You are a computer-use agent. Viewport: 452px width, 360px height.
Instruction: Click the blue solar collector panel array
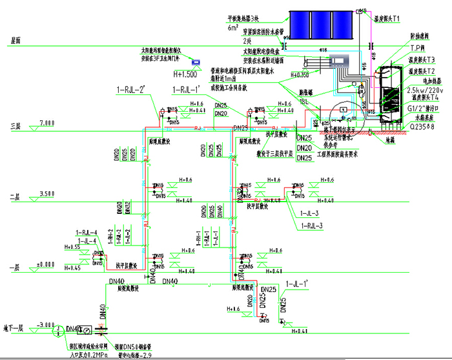(x=324, y=25)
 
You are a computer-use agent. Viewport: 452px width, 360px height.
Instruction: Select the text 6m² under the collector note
(x=232, y=28)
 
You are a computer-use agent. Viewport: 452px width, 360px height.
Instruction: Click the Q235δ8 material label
(x=420, y=127)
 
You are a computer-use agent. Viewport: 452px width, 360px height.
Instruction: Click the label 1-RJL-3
(x=314, y=226)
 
